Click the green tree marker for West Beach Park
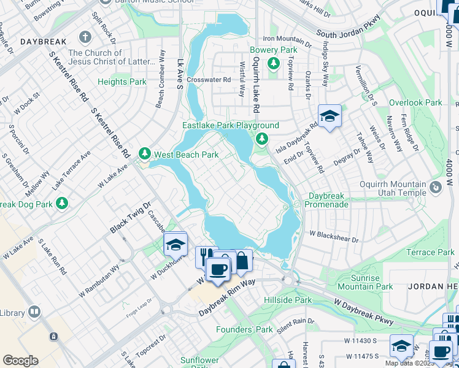144,153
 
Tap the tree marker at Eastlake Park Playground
262,139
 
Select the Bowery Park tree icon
273,63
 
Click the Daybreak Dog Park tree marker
61,202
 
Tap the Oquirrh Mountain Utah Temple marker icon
436,187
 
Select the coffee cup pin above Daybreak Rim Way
217,269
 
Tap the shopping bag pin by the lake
242,261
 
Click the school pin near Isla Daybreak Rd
330,116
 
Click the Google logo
20,361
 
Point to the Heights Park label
122,82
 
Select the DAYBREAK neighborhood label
42,42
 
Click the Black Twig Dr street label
130,218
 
